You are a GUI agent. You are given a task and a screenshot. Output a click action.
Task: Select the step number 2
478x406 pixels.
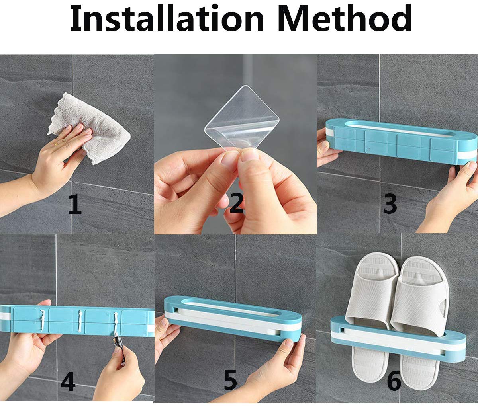click(x=237, y=204)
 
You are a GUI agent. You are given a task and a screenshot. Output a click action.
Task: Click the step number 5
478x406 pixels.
click(x=230, y=381)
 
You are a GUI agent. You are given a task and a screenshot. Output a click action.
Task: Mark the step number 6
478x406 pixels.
click(x=394, y=381)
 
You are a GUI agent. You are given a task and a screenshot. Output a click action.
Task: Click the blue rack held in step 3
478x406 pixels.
click(x=398, y=143)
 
